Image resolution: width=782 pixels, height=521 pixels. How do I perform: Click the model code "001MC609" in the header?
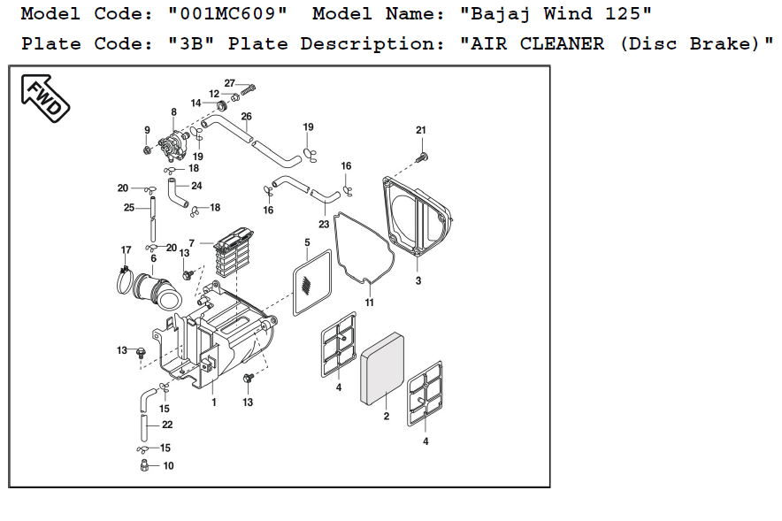226,14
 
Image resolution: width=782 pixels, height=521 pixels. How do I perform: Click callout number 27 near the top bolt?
229,83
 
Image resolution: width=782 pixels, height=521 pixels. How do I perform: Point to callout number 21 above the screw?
421,130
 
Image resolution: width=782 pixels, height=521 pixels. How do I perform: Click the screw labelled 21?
422,157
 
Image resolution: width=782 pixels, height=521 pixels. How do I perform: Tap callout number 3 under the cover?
418,280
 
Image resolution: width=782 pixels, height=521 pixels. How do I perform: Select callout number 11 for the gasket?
370,303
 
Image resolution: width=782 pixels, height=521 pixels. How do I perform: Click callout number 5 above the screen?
307,242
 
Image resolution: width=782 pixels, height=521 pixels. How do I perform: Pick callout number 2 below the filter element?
387,416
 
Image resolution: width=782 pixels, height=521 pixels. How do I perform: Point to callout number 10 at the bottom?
168,465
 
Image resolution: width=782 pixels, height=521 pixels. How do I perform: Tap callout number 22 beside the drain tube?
167,425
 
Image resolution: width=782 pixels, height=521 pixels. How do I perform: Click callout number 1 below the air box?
213,402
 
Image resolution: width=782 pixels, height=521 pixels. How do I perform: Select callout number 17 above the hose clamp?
126,250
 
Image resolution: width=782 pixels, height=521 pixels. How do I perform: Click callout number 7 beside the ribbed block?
191,242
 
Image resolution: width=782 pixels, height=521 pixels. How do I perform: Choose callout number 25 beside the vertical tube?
129,208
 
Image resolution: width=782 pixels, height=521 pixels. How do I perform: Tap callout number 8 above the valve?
173,112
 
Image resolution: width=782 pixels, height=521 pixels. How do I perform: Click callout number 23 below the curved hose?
324,225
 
